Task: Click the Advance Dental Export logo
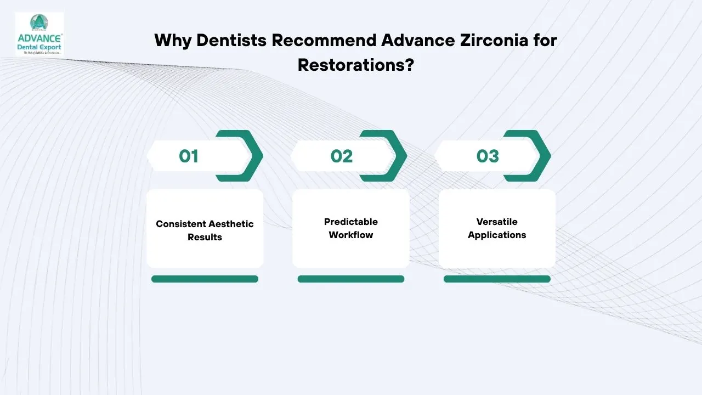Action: pos(39,34)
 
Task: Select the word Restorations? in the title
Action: pos(355,65)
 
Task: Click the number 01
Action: pos(188,156)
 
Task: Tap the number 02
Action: pos(341,156)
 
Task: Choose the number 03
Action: pos(487,156)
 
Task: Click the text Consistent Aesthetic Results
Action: pos(205,230)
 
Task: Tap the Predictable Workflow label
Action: pos(351,228)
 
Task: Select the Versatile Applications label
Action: pos(497,228)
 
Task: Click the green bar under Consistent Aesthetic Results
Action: pos(205,279)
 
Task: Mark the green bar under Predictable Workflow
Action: pos(351,279)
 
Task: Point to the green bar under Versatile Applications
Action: pos(497,279)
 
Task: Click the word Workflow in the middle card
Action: pos(351,235)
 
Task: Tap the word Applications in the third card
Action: pos(497,235)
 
